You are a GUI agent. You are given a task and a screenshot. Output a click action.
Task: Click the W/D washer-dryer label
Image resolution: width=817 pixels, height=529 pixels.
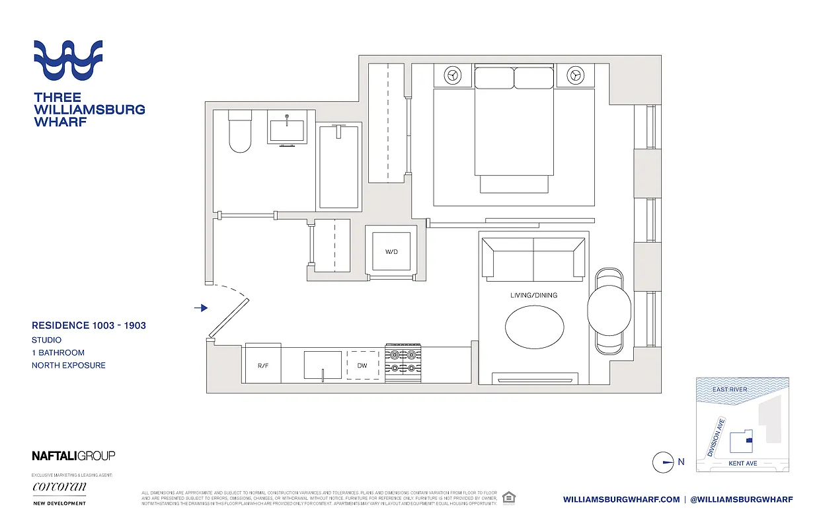(x=391, y=252)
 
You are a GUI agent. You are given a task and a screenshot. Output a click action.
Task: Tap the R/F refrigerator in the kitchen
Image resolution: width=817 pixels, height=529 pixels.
(x=263, y=364)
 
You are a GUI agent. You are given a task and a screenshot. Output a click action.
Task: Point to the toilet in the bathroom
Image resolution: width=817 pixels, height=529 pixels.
(x=239, y=132)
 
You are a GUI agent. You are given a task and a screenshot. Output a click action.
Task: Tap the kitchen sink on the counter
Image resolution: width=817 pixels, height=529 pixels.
(x=323, y=365)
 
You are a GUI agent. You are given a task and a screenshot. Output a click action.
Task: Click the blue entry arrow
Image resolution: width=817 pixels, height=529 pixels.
(x=202, y=308)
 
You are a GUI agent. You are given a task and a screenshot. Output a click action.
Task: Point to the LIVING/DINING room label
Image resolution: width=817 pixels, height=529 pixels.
(x=533, y=295)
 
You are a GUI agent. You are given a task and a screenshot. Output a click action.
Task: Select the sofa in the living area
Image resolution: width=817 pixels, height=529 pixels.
(x=533, y=257)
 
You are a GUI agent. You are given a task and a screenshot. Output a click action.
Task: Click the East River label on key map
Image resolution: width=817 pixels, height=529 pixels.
(x=730, y=389)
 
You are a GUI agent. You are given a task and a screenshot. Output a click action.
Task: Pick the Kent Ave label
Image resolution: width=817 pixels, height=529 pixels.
(x=742, y=464)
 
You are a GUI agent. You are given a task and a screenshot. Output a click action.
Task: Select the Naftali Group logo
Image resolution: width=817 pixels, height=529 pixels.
(x=73, y=456)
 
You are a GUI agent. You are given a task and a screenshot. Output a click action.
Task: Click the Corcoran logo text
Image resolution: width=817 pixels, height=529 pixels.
(x=59, y=487)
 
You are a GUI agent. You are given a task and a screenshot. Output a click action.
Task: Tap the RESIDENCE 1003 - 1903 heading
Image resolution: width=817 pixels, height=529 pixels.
(x=89, y=325)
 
